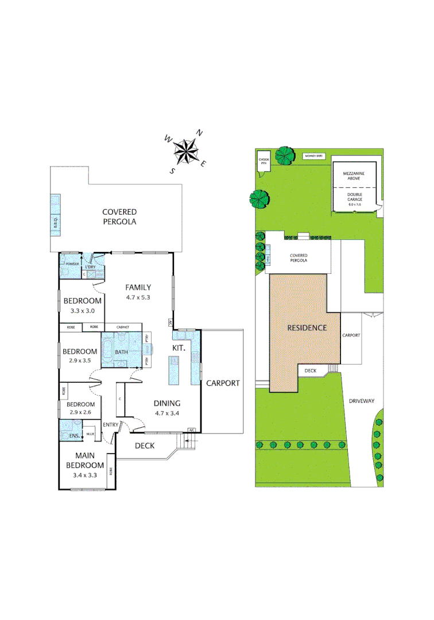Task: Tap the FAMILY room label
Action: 138,288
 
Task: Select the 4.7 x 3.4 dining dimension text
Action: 166,413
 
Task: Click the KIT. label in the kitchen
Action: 179,348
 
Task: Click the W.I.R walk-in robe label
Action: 91,434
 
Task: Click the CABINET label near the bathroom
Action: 122,327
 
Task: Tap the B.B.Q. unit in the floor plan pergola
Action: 56,214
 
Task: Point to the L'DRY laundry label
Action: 91,268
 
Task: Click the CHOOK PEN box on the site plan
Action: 264,161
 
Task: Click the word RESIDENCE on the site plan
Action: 307,328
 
